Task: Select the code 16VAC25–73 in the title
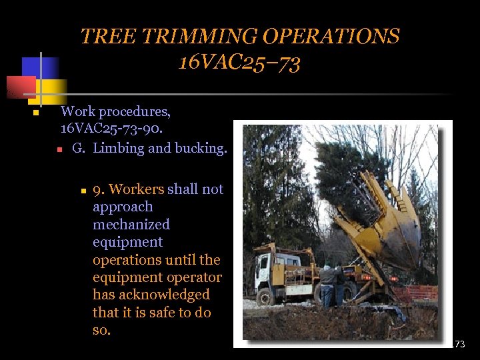pyautogui.click(x=239, y=63)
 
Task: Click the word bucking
pyautogui.click(x=201, y=148)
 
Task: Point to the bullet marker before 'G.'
pyautogui.click(x=59, y=149)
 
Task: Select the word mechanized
pyautogui.click(x=131, y=225)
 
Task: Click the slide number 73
pyautogui.click(x=459, y=344)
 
